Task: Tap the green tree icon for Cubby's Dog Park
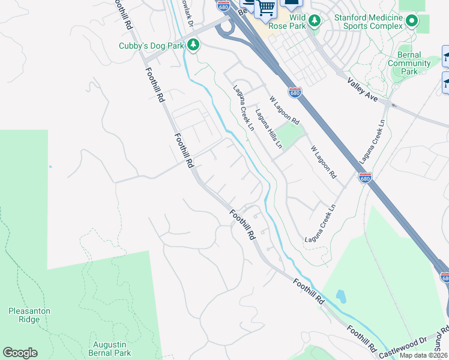(193, 44)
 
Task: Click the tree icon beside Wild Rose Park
(314, 22)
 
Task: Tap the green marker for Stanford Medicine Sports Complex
(411, 22)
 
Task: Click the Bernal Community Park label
(409, 63)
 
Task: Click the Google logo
(20, 353)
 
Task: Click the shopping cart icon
(265, 8)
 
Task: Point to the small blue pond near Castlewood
(340, 296)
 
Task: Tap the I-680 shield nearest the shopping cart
(223, 5)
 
